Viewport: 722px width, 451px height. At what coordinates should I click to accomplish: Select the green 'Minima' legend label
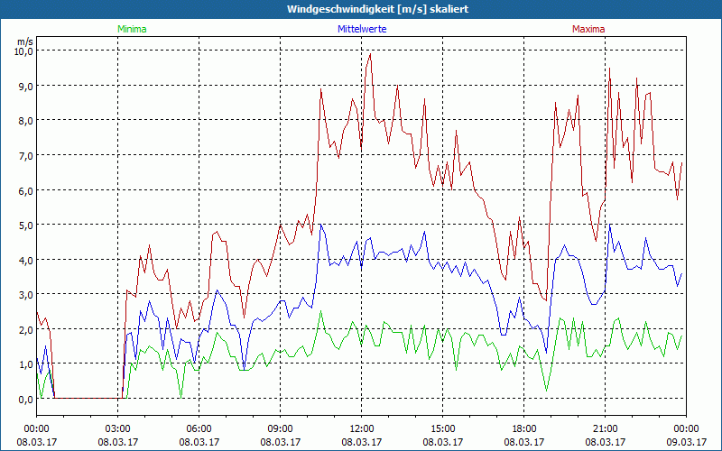[131, 29]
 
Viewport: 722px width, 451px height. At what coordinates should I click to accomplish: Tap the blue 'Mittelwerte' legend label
[362, 29]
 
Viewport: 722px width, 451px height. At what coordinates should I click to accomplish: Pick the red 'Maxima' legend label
[588, 29]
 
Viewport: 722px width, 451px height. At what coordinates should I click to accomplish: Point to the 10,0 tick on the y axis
[23, 51]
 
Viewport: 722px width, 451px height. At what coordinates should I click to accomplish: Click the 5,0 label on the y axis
[23, 225]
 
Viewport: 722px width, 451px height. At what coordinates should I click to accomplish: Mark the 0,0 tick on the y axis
[23, 399]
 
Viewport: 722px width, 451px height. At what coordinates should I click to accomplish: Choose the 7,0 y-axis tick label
[23, 156]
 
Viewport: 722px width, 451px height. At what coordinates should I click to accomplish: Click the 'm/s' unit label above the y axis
[24, 41]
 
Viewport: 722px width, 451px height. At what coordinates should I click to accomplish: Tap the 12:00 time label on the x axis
[362, 428]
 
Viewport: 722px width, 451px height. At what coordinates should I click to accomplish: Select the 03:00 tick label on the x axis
[118, 428]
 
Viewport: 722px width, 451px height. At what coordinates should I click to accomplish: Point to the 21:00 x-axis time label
[606, 428]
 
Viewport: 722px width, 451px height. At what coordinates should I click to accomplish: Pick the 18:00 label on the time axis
[524, 428]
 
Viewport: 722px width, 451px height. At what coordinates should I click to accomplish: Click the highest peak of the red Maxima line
[370, 54]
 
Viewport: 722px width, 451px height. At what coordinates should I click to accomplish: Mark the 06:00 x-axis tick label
[199, 428]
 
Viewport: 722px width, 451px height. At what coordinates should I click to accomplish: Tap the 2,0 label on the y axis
[23, 330]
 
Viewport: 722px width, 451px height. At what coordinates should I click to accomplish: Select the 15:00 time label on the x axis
[443, 428]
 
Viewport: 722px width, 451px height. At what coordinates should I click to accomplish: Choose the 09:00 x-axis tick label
[281, 428]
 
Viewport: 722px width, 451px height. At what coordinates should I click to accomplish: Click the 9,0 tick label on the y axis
[23, 87]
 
